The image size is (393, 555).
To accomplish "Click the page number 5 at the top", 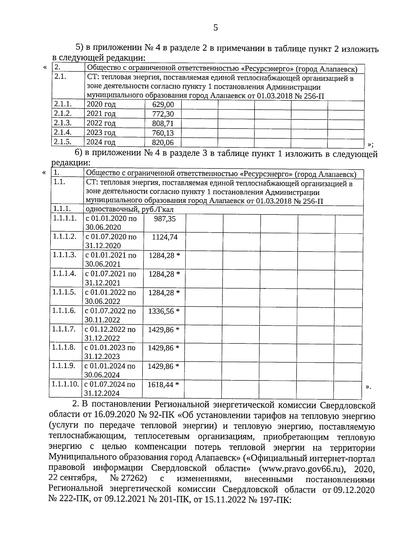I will click(215, 28).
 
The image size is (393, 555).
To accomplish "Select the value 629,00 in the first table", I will click(163, 105).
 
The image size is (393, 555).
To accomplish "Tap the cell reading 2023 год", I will click(101, 133).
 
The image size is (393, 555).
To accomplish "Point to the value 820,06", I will click(163, 142).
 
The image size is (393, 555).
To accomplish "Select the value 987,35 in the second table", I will click(165, 219).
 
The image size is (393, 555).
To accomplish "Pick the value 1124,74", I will click(165, 237).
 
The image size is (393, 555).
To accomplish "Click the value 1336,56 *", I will click(164, 311).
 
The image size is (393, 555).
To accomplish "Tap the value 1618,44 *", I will click(163, 385).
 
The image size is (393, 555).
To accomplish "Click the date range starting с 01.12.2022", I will click(110, 333).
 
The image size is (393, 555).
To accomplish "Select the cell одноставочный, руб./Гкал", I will click(130, 210).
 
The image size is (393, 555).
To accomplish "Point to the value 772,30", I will click(163, 114).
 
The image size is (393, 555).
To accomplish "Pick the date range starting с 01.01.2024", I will click(110, 370).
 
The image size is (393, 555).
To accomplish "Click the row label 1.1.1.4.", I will click(64, 273).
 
